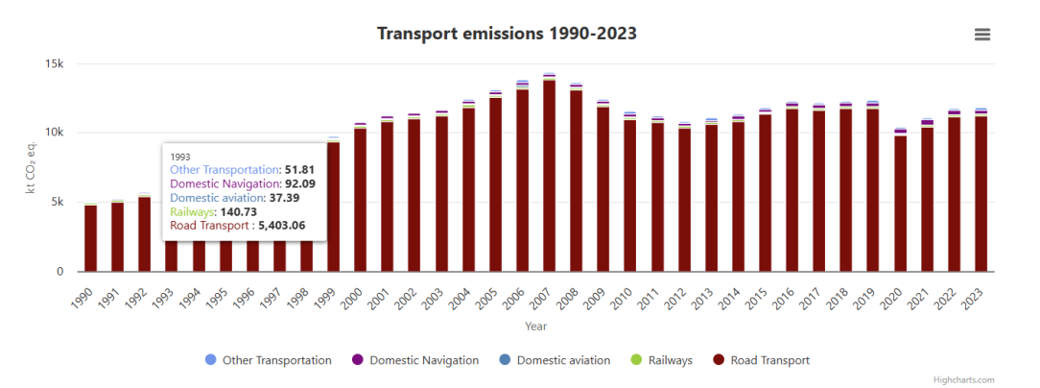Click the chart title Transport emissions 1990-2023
tap(507, 34)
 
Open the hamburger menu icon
tap(981, 35)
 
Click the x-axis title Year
tap(536, 327)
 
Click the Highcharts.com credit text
tap(963, 380)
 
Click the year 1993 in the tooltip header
tap(180, 156)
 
